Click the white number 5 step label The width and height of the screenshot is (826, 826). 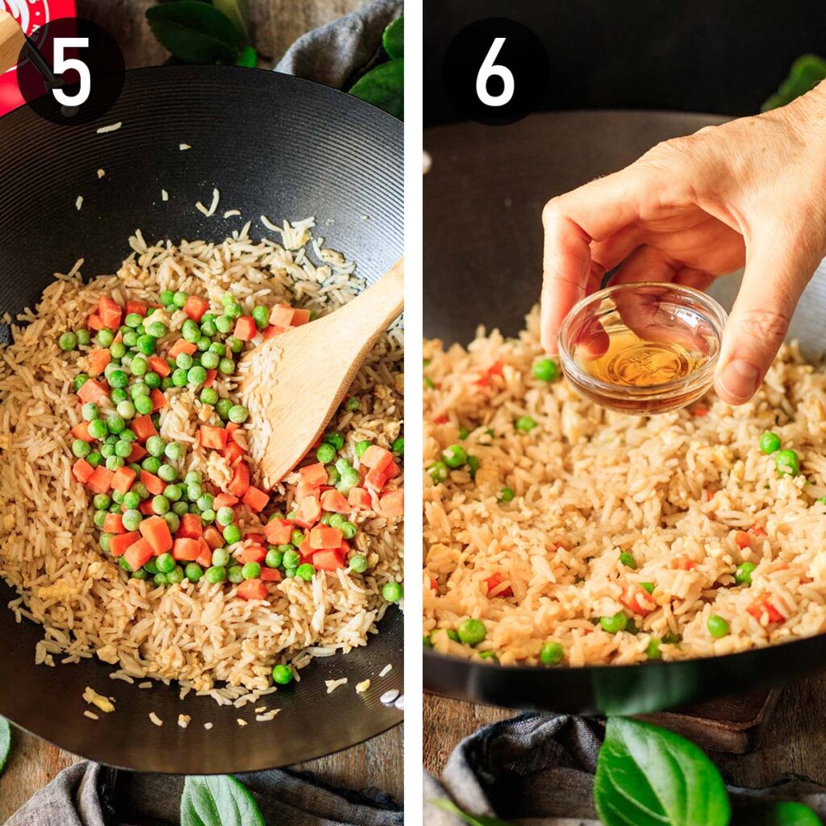point(70,71)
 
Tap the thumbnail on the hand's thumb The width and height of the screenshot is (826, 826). point(740,379)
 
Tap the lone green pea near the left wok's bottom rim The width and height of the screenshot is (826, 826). point(282,674)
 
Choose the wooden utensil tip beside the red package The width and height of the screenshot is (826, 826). point(10,40)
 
